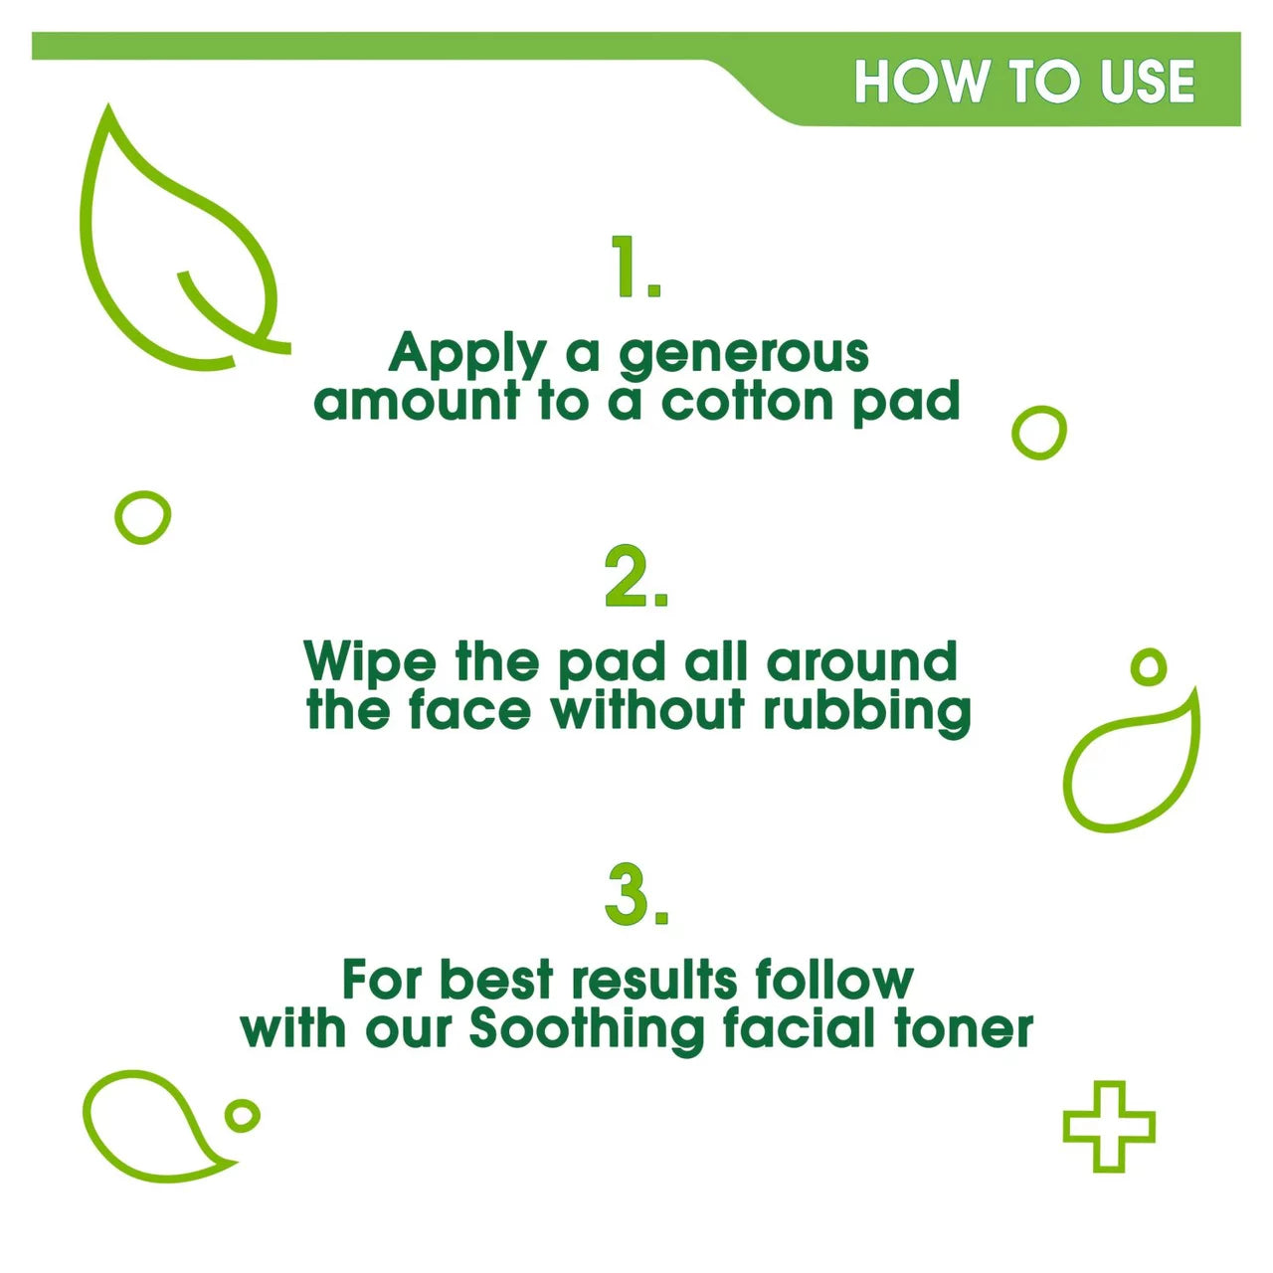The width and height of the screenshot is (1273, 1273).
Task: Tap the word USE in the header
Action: pos(1148,82)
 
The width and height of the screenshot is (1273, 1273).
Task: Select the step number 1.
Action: pos(636,267)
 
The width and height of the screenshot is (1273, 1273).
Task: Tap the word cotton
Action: pos(747,401)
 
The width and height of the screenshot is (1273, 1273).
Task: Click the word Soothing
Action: pos(587,1030)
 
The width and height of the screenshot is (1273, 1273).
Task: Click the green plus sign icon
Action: pos(1108,1126)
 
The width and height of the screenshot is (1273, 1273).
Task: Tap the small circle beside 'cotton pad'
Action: pos(1038,433)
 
